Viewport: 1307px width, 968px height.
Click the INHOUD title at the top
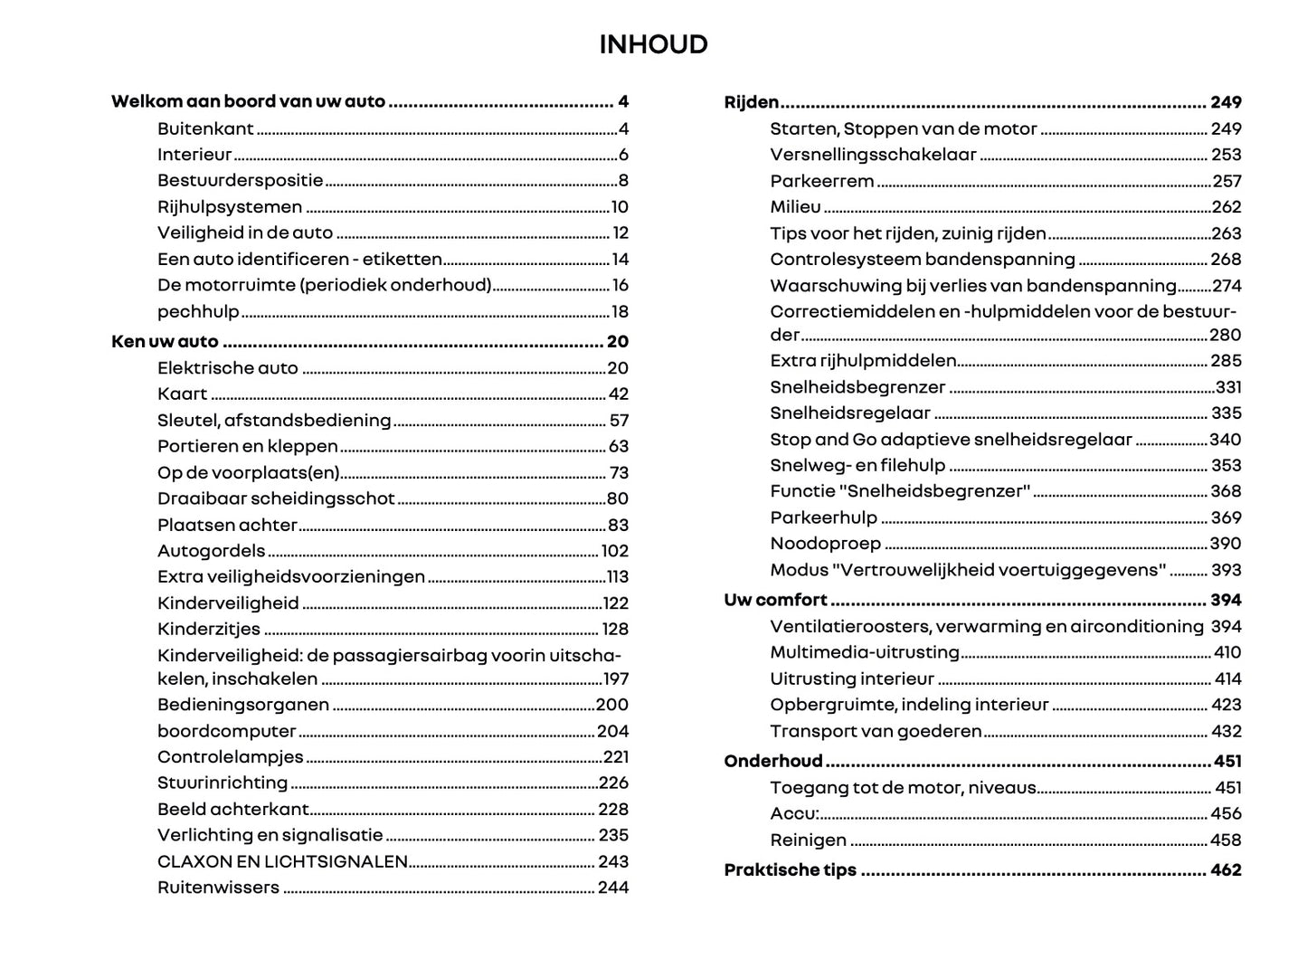pyautogui.click(x=653, y=44)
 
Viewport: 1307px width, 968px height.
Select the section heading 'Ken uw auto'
pyautogui.click(x=165, y=341)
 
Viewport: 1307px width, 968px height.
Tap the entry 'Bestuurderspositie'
pyautogui.click(x=240, y=181)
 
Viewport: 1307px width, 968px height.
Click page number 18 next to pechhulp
pyautogui.click(x=620, y=312)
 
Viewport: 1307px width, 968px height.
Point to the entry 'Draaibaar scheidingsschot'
pyautogui.click(x=276, y=498)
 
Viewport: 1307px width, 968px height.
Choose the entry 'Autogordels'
pyautogui.click(x=212, y=551)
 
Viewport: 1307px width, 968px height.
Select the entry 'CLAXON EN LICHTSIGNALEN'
pyautogui.click(x=282, y=862)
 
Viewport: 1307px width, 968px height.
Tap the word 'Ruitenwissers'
pyautogui.click(x=218, y=887)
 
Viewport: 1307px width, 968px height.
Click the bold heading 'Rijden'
pyautogui.click(x=752, y=102)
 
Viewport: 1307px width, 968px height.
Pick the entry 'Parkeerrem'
pyautogui.click(x=821, y=181)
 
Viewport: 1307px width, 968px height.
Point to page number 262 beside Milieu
pyautogui.click(x=1226, y=207)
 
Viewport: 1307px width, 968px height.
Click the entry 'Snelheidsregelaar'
pyautogui.click(x=850, y=413)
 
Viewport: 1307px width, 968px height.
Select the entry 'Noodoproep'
pyautogui.click(x=825, y=544)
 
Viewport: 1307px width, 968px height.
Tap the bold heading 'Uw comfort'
pyautogui.click(x=775, y=600)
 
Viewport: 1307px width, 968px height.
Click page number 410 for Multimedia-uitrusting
pyautogui.click(x=1226, y=652)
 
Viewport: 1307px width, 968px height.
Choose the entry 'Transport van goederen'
pyautogui.click(x=876, y=731)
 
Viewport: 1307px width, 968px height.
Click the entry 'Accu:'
pyautogui.click(x=794, y=813)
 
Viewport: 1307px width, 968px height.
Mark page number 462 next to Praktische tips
pyautogui.click(x=1226, y=870)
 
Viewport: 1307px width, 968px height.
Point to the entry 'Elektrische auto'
pyautogui.click(x=227, y=368)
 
